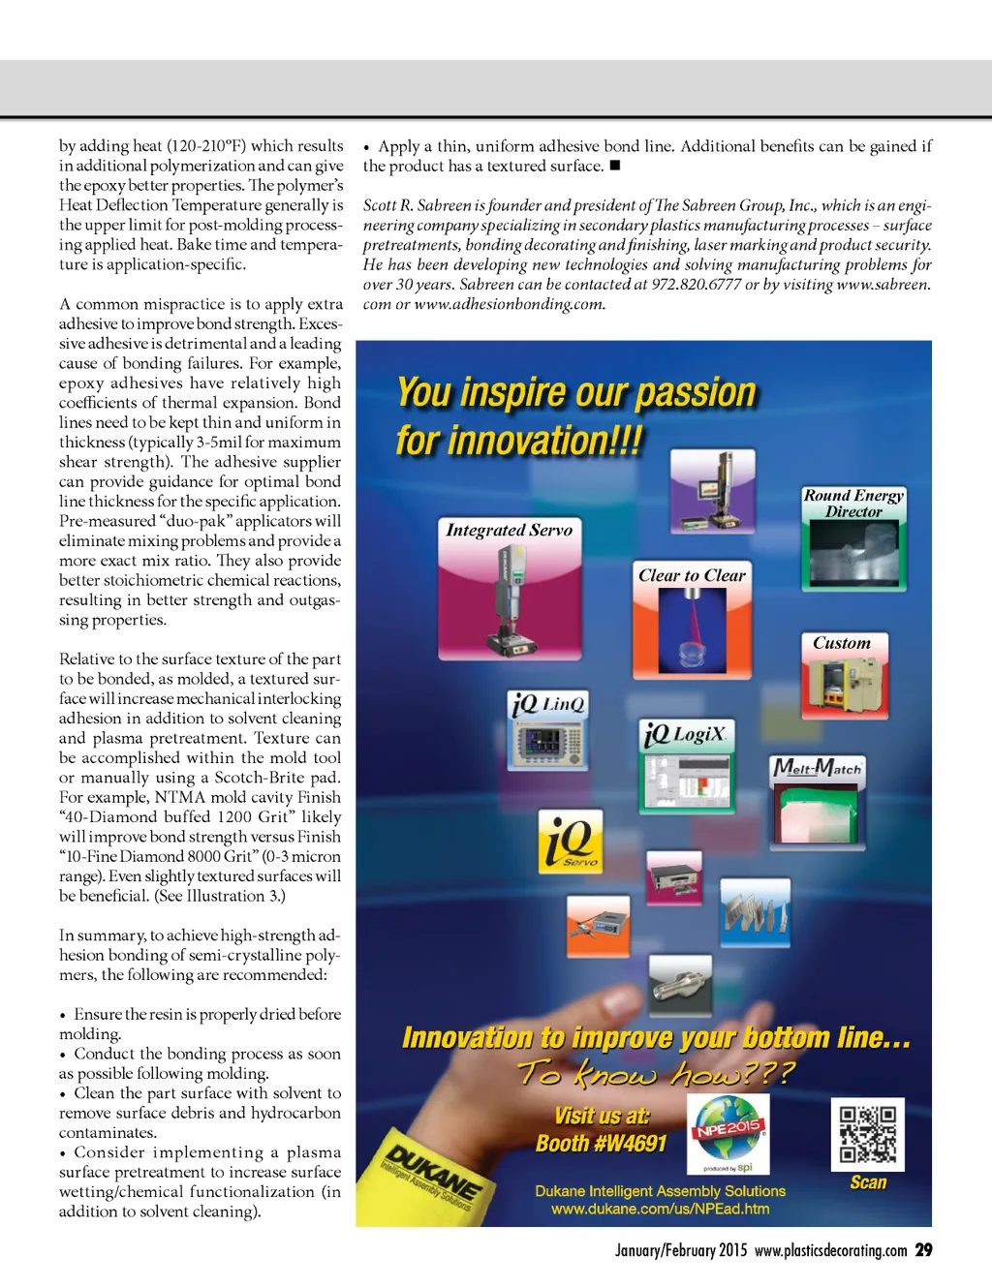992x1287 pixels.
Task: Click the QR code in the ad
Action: [867, 1133]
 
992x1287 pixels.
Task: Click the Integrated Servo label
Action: [509, 530]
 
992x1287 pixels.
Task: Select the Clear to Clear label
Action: [692, 575]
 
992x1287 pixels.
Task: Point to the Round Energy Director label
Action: [853, 503]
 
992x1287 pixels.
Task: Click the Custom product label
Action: [842, 643]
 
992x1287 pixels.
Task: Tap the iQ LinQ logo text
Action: [548, 704]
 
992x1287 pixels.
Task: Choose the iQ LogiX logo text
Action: [685, 734]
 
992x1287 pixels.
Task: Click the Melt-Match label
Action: [817, 769]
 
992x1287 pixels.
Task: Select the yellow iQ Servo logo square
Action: [571, 842]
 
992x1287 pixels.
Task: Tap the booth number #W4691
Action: [602, 1144]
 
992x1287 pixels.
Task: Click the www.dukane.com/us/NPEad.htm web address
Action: [660, 1209]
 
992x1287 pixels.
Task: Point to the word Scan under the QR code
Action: [868, 1182]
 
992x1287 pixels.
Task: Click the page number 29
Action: [924, 1250]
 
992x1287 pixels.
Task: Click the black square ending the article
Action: [614, 166]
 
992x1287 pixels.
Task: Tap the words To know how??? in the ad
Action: [656, 1073]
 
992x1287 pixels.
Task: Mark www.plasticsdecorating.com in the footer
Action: [830, 1250]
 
